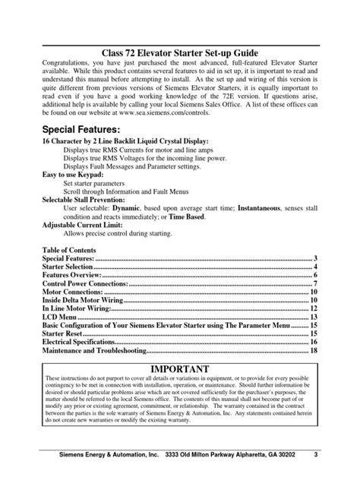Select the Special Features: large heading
click(x=80, y=128)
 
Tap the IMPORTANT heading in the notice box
click(x=180, y=368)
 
